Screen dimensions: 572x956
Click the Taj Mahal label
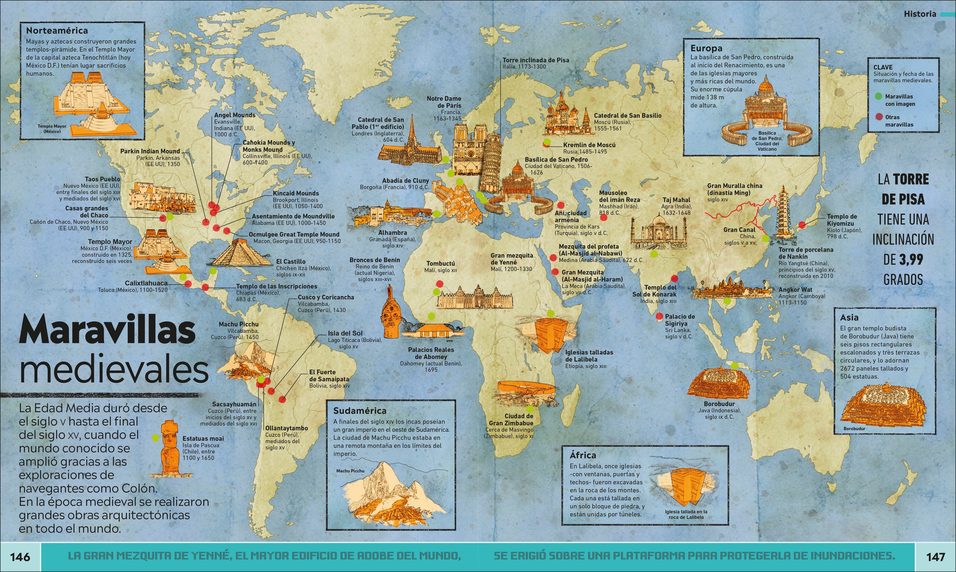pyautogui.click(x=676, y=200)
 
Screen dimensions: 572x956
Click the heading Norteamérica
pyautogui.click(x=57, y=30)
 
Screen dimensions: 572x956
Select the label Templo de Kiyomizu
pyautogui.click(x=842, y=220)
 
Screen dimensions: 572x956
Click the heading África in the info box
pyautogui.click(x=583, y=455)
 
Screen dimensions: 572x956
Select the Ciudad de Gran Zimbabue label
pyautogui.click(x=518, y=420)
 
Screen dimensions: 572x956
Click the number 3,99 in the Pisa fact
pyautogui.click(x=911, y=259)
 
